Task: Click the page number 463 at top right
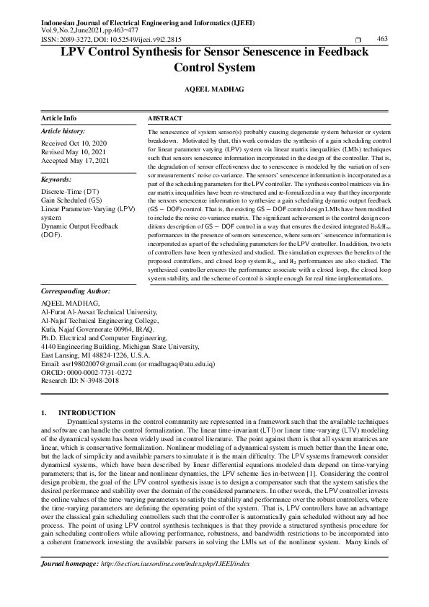pos(383,39)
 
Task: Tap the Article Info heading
pos(59,117)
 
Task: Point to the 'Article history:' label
pos(63,131)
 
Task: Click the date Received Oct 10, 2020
pos(74,143)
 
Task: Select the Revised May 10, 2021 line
pos(74,151)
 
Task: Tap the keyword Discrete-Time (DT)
pos(70,191)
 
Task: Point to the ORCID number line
pos(87,373)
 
